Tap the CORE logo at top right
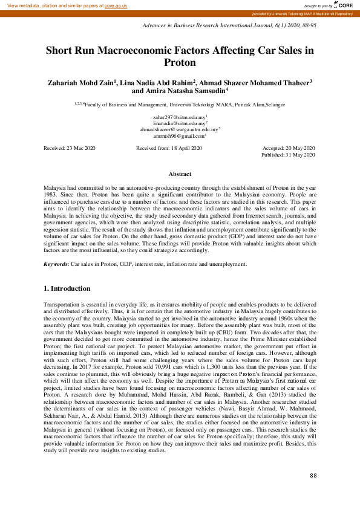(341, 5)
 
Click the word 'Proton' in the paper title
(180, 62)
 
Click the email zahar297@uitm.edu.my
(180, 116)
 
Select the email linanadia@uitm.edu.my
(180, 123)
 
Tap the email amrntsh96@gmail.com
(180, 136)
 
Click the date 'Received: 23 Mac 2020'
(70, 148)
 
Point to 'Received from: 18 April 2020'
(169, 148)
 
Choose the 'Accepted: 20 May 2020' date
(289, 148)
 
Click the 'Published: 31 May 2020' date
(288, 155)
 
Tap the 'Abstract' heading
(180, 174)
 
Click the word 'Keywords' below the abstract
(56, 264)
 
